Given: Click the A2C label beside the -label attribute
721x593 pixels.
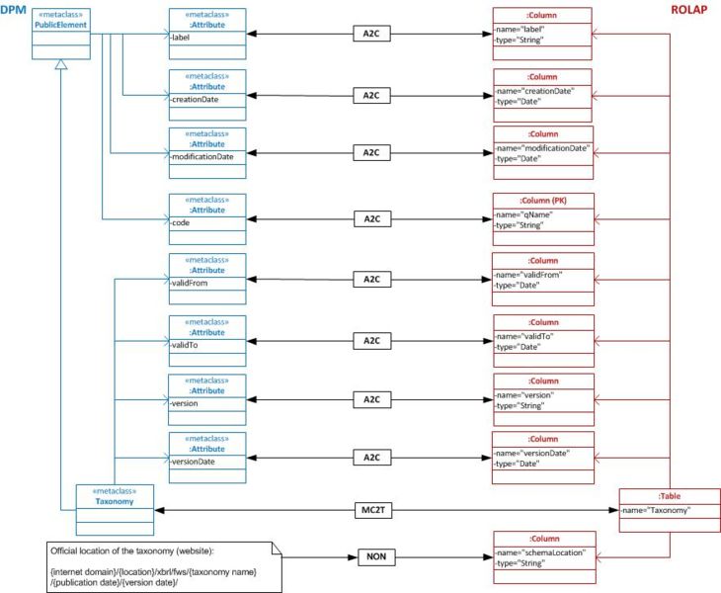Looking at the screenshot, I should point(371,33).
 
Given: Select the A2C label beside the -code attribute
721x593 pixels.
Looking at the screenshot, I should point(371,218).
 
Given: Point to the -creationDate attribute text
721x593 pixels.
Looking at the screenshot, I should point(196,100).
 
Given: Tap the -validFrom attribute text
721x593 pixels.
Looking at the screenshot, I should point(190,283).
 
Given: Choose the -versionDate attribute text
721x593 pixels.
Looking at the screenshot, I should point(195,462).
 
